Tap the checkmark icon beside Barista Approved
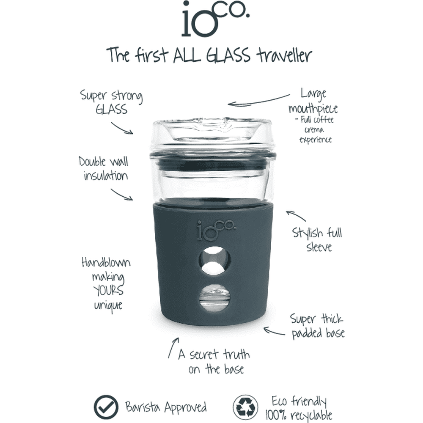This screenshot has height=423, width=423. tap(106, 407)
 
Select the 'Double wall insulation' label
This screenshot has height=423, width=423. tap(104, 168)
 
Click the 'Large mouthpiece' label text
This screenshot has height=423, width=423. tap(313, 102)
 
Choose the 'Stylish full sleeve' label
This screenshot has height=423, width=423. tap(317, 239)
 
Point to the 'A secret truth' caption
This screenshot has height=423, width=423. tap(214, 354)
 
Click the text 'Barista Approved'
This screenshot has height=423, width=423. tap(166, 407)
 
